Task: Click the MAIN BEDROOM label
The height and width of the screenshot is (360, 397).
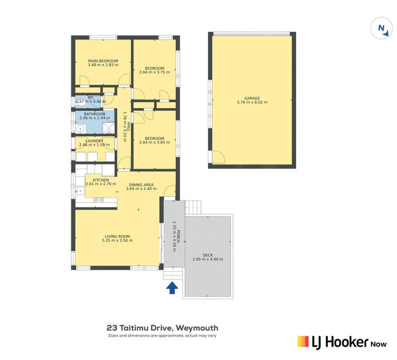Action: click(x=103, y=61)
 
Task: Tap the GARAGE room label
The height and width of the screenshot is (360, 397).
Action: click(x=252, y=97)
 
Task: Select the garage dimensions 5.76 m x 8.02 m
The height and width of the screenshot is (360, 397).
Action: click(x=252, y=102)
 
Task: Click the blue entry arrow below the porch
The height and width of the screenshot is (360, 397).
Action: click(x=172, y=288)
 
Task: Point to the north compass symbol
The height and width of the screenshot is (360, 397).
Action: click(x=381, y=28)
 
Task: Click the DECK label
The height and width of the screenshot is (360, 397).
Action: click(x=208, y=254)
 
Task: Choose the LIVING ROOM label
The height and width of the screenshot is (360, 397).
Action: click(x=117, y=236)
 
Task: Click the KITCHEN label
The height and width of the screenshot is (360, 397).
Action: click(x=100, y=179)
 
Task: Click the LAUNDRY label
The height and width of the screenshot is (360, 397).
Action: click(x=94, y=141)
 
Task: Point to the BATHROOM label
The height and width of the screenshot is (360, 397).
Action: click(x=94, y=114)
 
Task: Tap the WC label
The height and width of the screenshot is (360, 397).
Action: click(x=91, y=98)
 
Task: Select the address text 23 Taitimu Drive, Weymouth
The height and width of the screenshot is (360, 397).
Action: click(x=162, y=328)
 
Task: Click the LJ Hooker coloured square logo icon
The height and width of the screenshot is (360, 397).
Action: click(x=304, y=341)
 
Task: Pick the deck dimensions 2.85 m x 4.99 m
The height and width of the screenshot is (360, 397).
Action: click(x=208, y=259)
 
